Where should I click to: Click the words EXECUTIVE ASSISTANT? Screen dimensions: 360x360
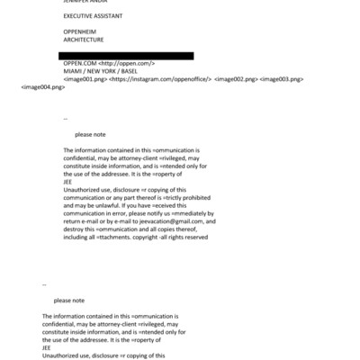[92, 16]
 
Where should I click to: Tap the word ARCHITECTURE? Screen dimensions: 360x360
[84, 40]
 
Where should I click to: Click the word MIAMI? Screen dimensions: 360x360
[74, 71]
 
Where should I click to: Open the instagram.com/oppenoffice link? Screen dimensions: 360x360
[160, 79]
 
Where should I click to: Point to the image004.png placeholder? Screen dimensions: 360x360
[42, 87]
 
